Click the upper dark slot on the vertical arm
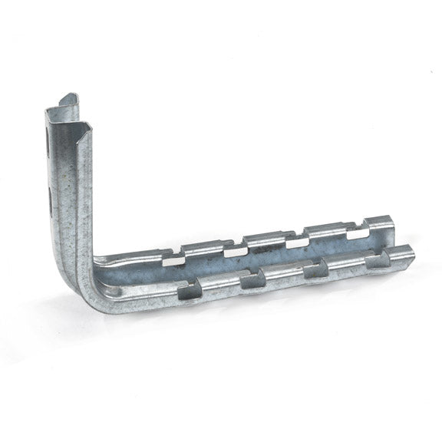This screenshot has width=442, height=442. tap(50, 140)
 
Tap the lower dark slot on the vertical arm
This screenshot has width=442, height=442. tap(51, 201)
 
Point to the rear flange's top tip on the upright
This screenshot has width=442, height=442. tap(69, 98)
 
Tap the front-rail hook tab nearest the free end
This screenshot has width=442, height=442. tap(377, 260)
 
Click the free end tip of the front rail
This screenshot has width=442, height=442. tap(409, 252)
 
